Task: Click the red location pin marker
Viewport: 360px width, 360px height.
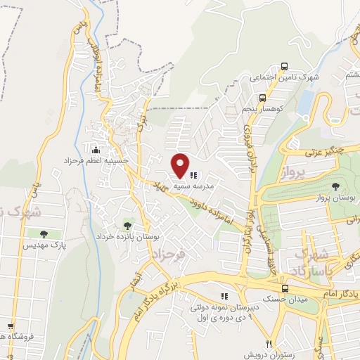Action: click(x=181, y=165)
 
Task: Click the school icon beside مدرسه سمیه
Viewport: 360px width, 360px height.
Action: click(x=193, y=175)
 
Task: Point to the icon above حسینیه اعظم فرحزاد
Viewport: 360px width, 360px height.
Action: click(x=96, y=150)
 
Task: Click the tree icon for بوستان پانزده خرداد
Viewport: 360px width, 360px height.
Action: click(x=127, y=226)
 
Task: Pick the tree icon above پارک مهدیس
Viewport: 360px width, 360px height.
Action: click(x=44, y=234)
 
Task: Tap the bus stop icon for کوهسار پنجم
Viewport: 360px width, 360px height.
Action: click(x=262, y=98)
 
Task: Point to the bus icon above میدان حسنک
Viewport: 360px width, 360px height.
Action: click(x=285, y=289)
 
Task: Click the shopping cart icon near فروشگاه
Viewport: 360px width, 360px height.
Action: click(x=10, y=326)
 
